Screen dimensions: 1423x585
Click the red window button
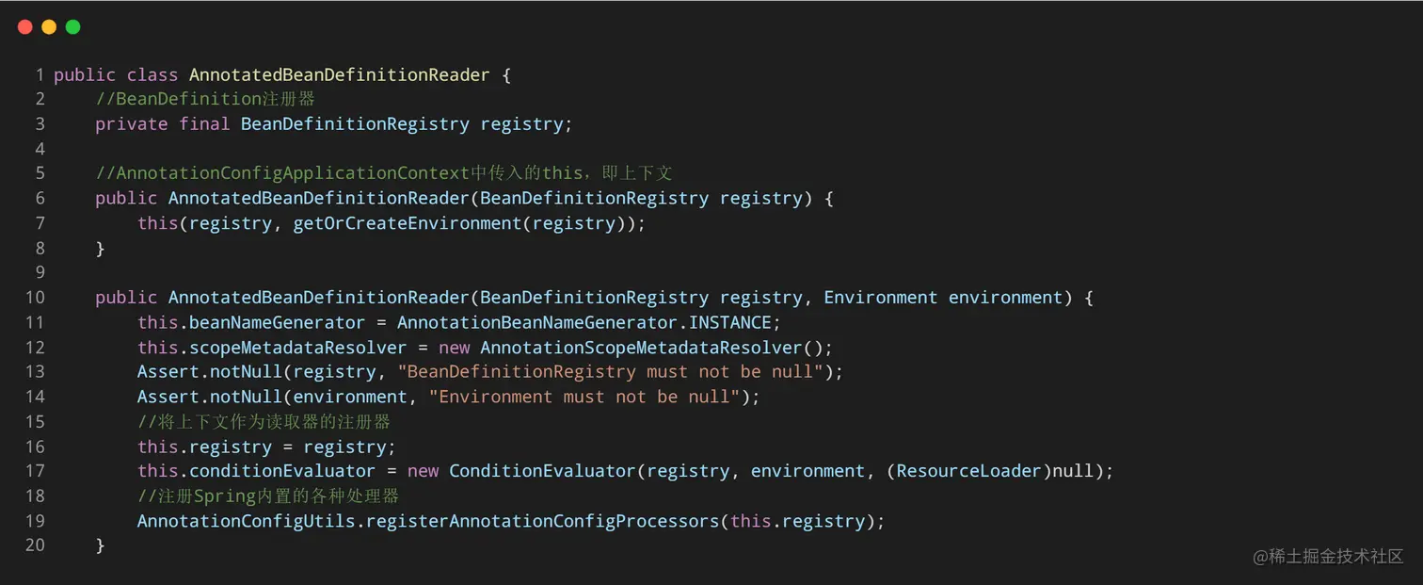(x=24, y=27)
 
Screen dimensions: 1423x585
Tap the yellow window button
(x=49, y=27)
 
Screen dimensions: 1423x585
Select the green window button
(x=72, y=27)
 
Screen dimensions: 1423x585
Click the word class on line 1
(x=152, y=74)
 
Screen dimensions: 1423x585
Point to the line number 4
(x=40, y=149)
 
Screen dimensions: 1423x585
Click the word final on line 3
(x=204, y=124)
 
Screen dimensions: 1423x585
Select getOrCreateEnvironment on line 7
(x=408, y=223)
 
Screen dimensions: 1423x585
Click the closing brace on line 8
(x=100, y=249)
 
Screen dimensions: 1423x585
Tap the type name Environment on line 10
(x=880, y=298)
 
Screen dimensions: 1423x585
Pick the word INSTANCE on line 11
(x=730, y=322)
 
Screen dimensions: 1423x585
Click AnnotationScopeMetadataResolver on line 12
(x=641, y=348)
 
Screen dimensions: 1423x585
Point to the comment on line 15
(x=264, y=422)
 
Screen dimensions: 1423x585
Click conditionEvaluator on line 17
(x=282, y=471)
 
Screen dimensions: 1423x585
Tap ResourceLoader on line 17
(x=969, y=471)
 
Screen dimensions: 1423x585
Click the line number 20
(x=35, y=545)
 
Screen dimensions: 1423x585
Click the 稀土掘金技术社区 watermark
(x=1328, y=557)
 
